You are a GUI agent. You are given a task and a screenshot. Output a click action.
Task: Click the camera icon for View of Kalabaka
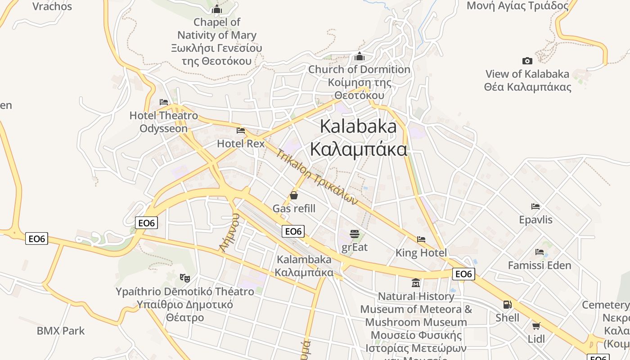click(x=527, y=61)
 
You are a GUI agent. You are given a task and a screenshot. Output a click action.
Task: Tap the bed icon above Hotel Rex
click(x=241, y=130)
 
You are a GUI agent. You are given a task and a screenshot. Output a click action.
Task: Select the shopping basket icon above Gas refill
click(x=294, y=195)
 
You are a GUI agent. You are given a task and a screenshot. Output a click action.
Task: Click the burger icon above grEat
click(x=355, y=234)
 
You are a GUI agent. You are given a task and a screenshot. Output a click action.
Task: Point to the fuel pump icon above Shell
click(x=507, y=305)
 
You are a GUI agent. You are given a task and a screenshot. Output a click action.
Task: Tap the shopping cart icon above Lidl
click(x=536, y=325)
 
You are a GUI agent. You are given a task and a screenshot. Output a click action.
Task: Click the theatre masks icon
click(x=184, y=278)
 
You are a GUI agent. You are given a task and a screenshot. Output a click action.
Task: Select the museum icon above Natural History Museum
click(x=416, y=283)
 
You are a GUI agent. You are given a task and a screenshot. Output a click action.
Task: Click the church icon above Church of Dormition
click(x=359, y=56)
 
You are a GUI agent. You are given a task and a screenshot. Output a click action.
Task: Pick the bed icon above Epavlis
click(x=535, y=207)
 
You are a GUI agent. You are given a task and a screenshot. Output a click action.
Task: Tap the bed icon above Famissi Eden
click(x=540, y=252)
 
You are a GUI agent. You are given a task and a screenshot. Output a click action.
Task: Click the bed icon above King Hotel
click(x=421, y=239)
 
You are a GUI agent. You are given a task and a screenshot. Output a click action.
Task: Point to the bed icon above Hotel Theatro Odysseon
click(x=164, y=102)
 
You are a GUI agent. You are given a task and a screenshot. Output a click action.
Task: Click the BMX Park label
click(x=61, y=331)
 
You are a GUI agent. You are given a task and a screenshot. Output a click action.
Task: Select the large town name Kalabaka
click(x=358, y=126)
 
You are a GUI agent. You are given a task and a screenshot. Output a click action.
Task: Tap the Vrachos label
click(x=52, y=6)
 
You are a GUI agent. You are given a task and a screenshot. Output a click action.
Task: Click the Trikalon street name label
click(x=317, y=177)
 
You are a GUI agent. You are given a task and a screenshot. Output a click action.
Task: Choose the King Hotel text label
click(x=421, y=253)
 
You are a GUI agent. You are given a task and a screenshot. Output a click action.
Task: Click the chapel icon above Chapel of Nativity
click(x=217, y=9)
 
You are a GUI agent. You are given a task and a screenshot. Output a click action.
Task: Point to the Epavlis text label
click(x=535, y=220)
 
